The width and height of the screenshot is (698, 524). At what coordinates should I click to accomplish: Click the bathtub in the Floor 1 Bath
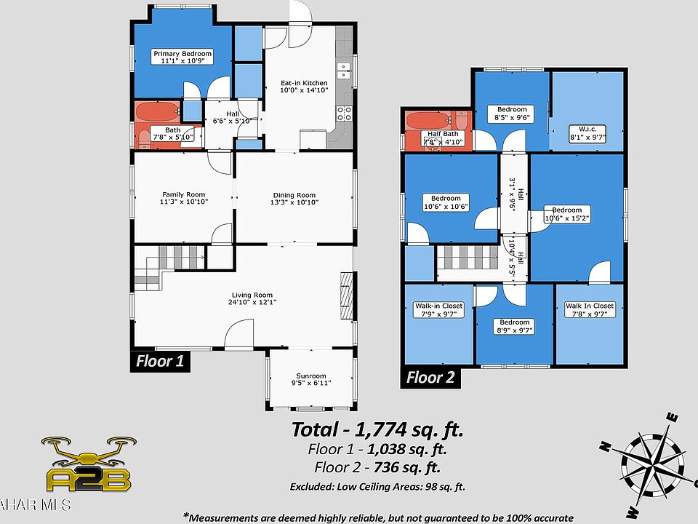tap(156, 112)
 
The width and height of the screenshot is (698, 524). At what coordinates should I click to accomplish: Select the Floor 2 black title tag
tap(430, 377)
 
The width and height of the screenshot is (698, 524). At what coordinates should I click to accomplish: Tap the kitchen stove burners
tap(344, 113)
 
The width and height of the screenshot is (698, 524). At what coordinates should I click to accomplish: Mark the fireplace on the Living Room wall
tap(348, 295)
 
